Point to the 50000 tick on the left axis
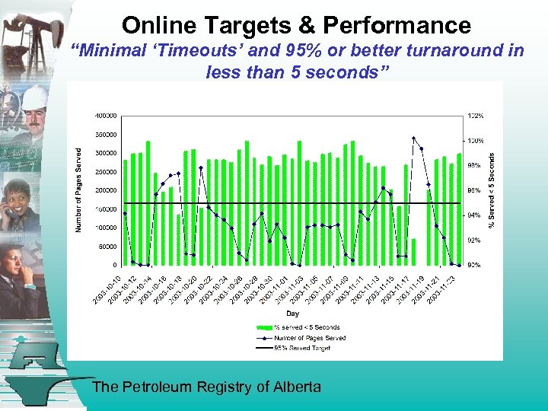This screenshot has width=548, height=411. point(107,247)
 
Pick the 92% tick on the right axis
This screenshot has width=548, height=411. point(474,241)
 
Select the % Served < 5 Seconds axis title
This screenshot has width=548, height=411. point(492,190)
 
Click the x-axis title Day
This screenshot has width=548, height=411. point(292,313)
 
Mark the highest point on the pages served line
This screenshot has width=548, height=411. point(413,139)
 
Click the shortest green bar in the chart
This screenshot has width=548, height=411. point(414,251)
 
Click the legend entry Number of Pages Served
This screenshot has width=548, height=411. point(309,338)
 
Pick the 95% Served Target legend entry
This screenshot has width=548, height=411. point(303,348)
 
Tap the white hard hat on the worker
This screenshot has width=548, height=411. point(34,97)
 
